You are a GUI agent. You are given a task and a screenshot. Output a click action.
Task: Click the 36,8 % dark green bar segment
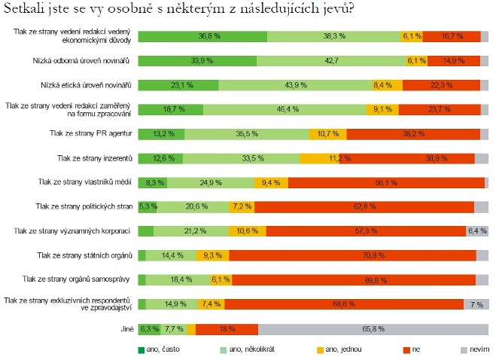click(x=202, y=37)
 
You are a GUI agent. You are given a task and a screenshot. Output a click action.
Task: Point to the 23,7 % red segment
click(x=439, y=110)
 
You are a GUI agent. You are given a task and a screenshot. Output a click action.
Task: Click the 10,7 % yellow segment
click(x=327, y=134)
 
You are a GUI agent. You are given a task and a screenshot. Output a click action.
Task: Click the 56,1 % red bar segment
click(x=386, y=182)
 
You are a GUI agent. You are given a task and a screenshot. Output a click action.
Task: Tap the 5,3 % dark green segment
click(x=148, y=206)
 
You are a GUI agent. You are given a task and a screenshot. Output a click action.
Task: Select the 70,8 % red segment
click(x=352, y=255)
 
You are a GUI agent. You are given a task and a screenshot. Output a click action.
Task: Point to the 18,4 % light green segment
click(x=178, y=279)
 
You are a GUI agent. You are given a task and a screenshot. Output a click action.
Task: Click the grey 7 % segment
click(x=476, y=304)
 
